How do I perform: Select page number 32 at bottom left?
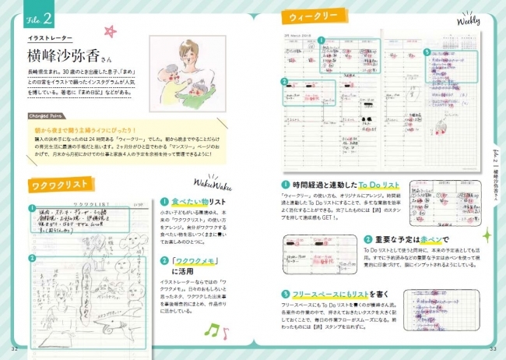[15, 348]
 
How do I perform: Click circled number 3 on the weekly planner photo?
[286, 81]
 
